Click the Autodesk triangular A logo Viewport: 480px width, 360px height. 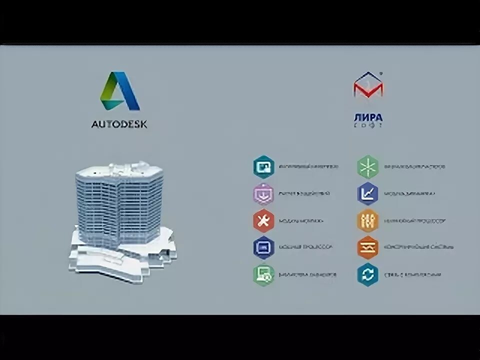point(119,91)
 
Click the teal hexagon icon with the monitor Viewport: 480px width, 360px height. point(263,166)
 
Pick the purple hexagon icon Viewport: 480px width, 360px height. point(263,193)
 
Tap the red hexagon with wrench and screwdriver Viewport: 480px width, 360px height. point(263,220)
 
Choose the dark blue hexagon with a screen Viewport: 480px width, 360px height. point(263,247)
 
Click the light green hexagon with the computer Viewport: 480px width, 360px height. point(263,274)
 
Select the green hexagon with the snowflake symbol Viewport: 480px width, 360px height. point(367,166)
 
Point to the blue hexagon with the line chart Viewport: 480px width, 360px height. point(367,193)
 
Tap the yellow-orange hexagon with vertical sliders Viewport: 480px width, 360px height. point(367,220)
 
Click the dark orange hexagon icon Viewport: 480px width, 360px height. point(367,247)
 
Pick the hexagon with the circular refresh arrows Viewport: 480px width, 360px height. point(367,274)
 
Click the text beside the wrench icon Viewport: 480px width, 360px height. point(301,221)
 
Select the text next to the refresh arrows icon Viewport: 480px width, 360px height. point(412,275)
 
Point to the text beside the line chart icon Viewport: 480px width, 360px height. point(409,194)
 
